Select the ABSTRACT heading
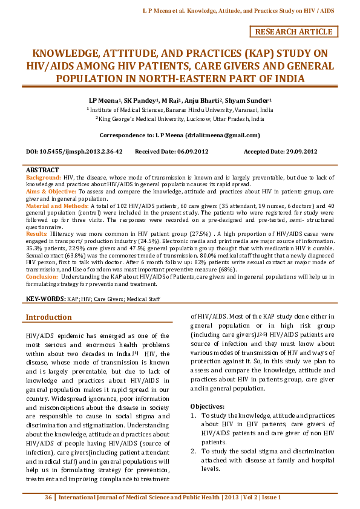click(x=42, y=170)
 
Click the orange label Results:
click(x=37, y=233)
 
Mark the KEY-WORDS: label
click(x=45, y=299)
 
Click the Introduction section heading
click(x=48, y=317)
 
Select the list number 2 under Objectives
click(x=193, y=451)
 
